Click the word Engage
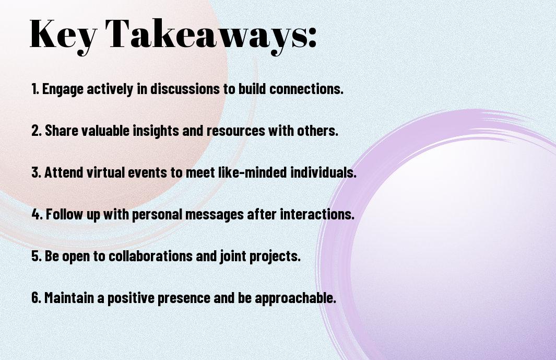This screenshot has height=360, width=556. pos(63,89)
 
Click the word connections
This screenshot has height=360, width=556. pos(306,89)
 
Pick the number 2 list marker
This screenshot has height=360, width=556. pos(37,131)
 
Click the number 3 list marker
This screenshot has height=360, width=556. pos(37,172)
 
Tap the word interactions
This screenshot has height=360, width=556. pos(317,214)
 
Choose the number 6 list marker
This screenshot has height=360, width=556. pos(37,297)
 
